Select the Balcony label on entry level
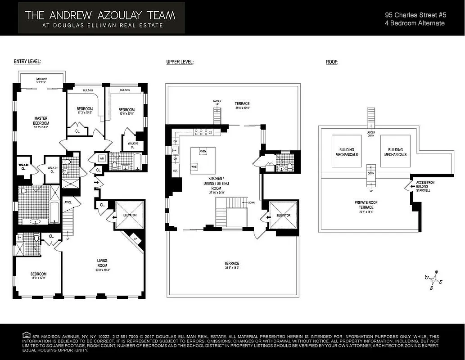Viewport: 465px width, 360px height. coord(41,80)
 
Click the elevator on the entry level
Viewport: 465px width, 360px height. coord(129,215)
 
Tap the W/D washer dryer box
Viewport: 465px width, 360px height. coord(102,158)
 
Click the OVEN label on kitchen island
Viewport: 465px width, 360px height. coord(203,151)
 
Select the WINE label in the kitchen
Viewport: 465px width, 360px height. coord(194,166)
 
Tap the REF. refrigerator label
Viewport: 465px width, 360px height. coord(175,171)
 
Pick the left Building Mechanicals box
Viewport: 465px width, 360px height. coord(347,152)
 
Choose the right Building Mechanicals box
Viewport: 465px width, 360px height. coord(395,152)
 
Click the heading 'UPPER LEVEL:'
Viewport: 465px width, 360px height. coord(180,62)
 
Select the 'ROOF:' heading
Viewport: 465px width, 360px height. coord(332,62)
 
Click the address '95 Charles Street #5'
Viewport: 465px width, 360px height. coord(415,14)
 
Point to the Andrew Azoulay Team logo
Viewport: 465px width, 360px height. coord(101,18)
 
